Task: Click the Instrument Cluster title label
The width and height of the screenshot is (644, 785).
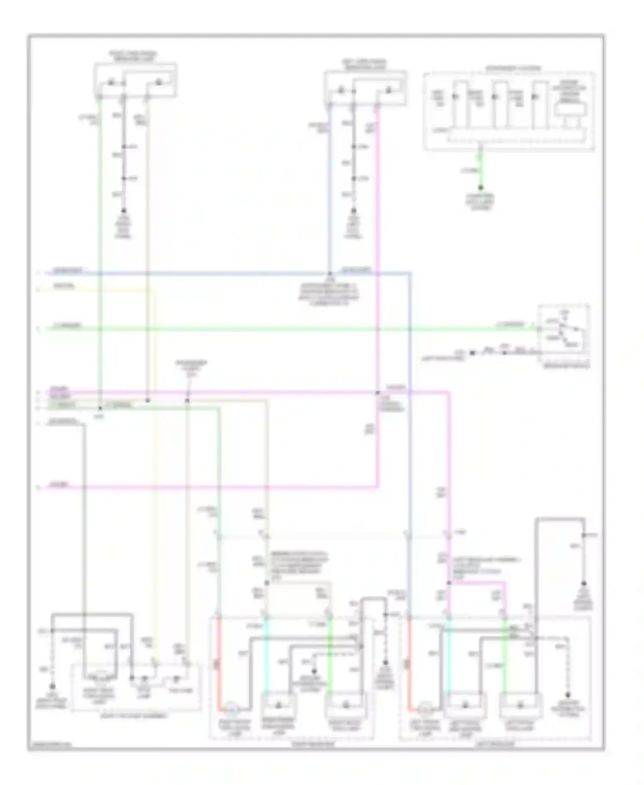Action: click(513, 68)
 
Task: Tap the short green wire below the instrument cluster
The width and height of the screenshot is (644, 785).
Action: click(480, 170)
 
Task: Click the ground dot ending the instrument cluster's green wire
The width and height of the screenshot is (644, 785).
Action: click(480, 188)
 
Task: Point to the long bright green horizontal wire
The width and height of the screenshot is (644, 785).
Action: click(279, 329)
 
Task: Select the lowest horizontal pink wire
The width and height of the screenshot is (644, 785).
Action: click(215, 487)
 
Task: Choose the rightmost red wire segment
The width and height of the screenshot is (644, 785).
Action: click(408, 661)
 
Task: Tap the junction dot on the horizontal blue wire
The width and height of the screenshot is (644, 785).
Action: click(330, 273)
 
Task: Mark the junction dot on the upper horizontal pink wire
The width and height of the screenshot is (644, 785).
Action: click(378, 392)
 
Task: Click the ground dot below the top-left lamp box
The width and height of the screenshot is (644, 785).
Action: click(123, 211)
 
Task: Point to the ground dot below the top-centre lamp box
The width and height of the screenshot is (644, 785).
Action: click(353, 211)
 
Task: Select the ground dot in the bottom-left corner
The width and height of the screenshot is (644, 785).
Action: click(52, 686)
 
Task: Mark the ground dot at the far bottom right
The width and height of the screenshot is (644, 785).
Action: click(568, 694)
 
